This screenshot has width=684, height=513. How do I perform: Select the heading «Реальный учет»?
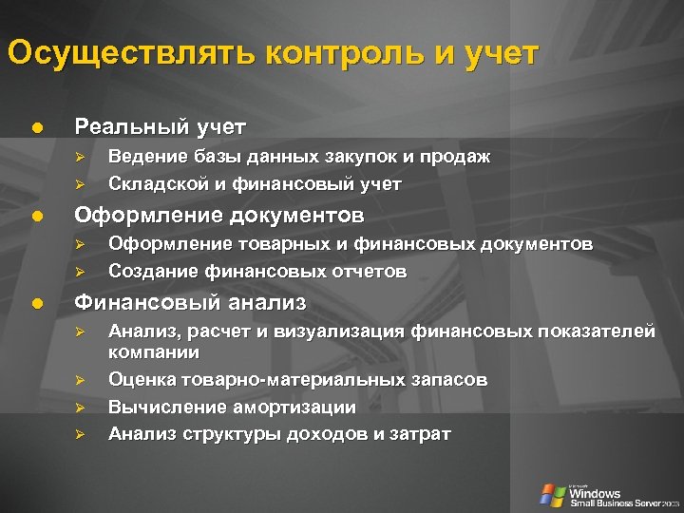(160, 126)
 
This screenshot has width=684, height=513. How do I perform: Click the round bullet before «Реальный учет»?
(36, 126)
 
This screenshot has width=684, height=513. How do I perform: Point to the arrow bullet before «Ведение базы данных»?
(82, 157)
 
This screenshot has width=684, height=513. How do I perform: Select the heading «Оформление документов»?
(218, 214)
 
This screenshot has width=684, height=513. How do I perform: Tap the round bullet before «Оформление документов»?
(36, 215)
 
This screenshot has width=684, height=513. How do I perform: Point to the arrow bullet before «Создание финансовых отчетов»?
(82, 272)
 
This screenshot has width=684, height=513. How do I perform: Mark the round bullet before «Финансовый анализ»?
(36, 303)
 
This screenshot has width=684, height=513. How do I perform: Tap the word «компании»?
(154, 352)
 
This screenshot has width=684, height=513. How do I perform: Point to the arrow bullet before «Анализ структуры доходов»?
(82, 434)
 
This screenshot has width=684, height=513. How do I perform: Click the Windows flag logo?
(552, 494)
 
